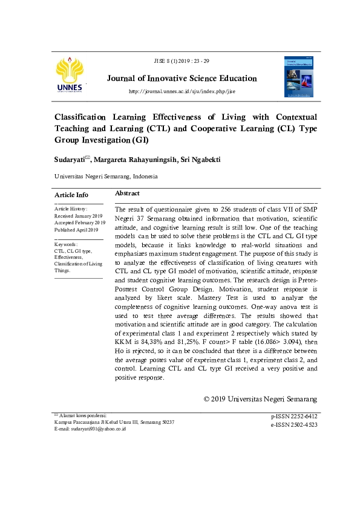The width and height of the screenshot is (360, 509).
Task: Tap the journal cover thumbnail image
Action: [298, 77]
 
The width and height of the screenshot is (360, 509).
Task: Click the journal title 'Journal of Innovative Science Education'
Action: [182, 79]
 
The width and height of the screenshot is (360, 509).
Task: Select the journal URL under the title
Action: [182, 91]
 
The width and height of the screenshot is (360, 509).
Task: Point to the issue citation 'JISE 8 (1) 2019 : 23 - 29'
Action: [182, 61]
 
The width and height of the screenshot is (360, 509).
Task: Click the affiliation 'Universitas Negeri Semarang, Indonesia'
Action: [106, 177]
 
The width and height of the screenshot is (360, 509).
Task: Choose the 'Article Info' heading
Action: [71, 195]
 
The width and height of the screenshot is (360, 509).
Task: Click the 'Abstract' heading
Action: [128, 193]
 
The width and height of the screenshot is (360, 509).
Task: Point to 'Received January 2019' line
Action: [79, 216]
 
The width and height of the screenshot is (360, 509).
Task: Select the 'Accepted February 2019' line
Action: [80, 223]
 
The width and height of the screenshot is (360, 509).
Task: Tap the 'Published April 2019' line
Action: [76, 230]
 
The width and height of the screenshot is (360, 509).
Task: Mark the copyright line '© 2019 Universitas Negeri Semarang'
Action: [261, 399]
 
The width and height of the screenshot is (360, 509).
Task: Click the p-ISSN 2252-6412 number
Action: [294, 417]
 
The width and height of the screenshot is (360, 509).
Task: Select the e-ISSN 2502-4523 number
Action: [294, 425]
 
